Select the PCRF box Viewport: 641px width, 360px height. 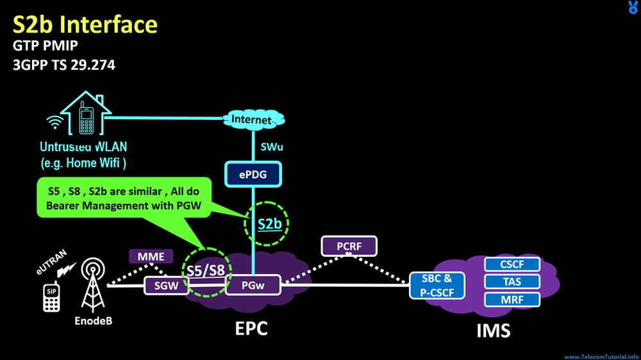point(349,246)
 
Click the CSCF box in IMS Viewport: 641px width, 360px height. point(512,264)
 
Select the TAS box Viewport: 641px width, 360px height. point(512,282)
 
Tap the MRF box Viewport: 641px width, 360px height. point(512,299)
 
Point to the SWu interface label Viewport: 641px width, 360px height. point(272,147)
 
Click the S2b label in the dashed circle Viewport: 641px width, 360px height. point(269,224)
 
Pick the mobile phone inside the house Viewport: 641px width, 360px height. point(85,119)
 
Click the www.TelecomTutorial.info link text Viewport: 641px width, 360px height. point(601,356)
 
